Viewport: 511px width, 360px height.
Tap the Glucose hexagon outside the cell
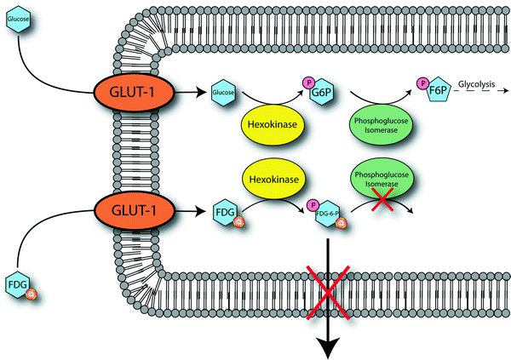20,20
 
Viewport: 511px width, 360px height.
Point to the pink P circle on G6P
307,82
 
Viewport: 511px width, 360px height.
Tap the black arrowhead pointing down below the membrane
325,344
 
